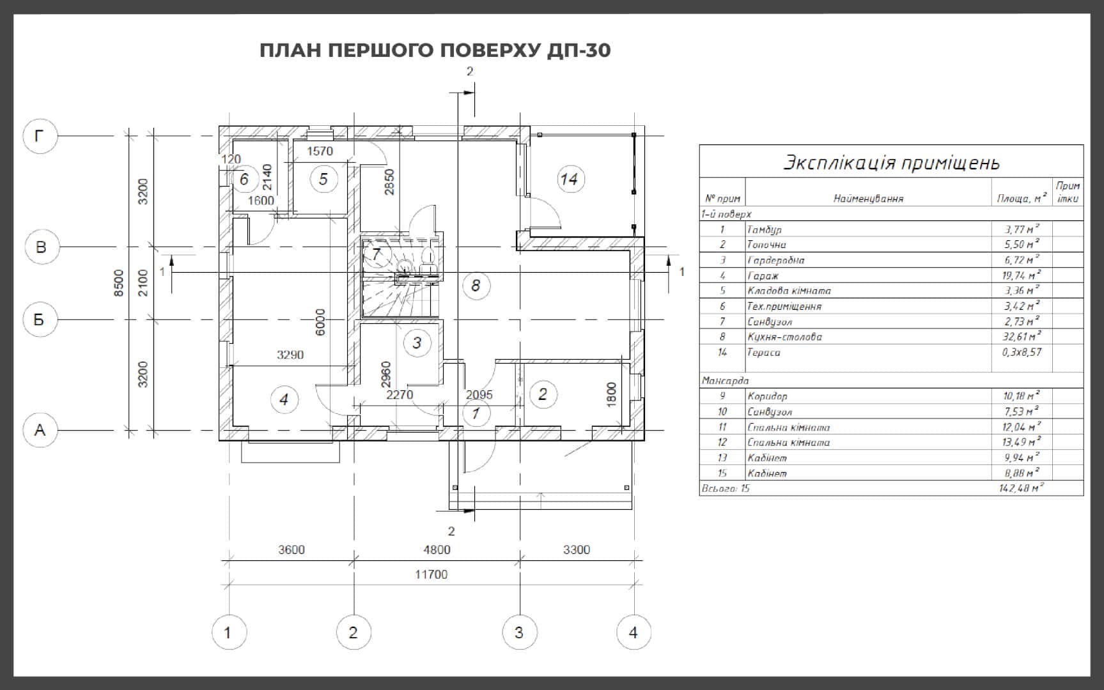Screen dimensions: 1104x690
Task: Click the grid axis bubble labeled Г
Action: pyautogui.click(x=40, y=136)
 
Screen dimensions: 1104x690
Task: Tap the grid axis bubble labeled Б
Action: pyautogui.click(x=40, y=319)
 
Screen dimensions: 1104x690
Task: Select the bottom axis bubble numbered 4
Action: pyautogui.click(x=634, y=632)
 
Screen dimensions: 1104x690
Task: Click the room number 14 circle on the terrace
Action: pyautogui.click(x=568, y=179)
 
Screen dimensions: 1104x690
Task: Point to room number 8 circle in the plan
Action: pyautogui.click(x=475, y=285)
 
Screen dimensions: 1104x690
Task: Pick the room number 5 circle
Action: pyautogui.click(x=323, y=180)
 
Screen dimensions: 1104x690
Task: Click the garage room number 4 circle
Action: pyautogui.click(x=284, y=400)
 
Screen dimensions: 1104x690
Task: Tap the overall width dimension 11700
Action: pyautogui.click(x=431, y=574)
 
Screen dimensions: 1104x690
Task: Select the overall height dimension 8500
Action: pyautogui.click(x=118, y=283)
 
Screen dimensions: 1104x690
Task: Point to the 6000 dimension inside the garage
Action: pyautogui.click(x=320, y=322)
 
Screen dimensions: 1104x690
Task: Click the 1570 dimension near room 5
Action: pyautogui.click(x=320, y=151)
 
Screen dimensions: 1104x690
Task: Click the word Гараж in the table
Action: pyautogui.click(x=763, y=275)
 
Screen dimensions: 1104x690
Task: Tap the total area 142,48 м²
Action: pyautogui.click(x=1021, y=488)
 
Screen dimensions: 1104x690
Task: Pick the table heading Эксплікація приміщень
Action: pyautogui.click(x=891, y=162)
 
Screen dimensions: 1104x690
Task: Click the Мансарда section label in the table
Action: pyautogui.click(x=725, y=381)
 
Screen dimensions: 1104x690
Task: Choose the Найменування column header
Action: pyautogui.click(x=868, y=199)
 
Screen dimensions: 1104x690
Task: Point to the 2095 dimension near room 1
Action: pyautogui.click(x=479, y=395)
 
